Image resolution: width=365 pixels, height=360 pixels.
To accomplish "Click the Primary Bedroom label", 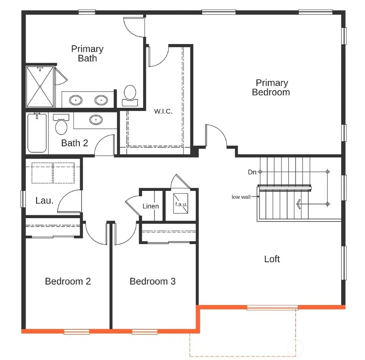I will (x=271, y=88).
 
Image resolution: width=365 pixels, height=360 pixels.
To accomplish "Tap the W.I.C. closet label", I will (x=163, y=111).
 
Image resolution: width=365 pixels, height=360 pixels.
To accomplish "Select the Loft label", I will (x=272, y=259).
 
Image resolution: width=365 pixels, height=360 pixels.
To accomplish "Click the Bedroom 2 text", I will (x=68, y=281).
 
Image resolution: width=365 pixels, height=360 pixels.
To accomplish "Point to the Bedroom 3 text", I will (x=152, y=281).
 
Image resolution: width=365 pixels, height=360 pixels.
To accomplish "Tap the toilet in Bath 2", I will (x=61, y=125).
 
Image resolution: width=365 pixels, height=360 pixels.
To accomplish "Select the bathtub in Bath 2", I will (x=37, y=133).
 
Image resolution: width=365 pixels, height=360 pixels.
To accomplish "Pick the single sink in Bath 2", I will (x=96, y=120).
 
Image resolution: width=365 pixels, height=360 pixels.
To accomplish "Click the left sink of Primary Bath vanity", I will (x=75, y=99).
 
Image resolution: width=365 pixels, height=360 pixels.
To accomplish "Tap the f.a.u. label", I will (x=181, y=204).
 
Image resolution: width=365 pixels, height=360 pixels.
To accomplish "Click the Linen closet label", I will (x=150, y=206).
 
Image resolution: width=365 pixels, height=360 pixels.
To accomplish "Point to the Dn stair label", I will (x=252, y=172).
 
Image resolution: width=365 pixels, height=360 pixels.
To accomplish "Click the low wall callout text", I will (x=241, y=197).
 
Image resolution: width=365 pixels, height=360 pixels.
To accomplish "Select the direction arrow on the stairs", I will (x=299, y=204).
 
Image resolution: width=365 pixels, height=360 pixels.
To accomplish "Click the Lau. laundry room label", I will (x=44, y=200).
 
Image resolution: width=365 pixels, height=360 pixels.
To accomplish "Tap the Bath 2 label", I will (x=74, y=143).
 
